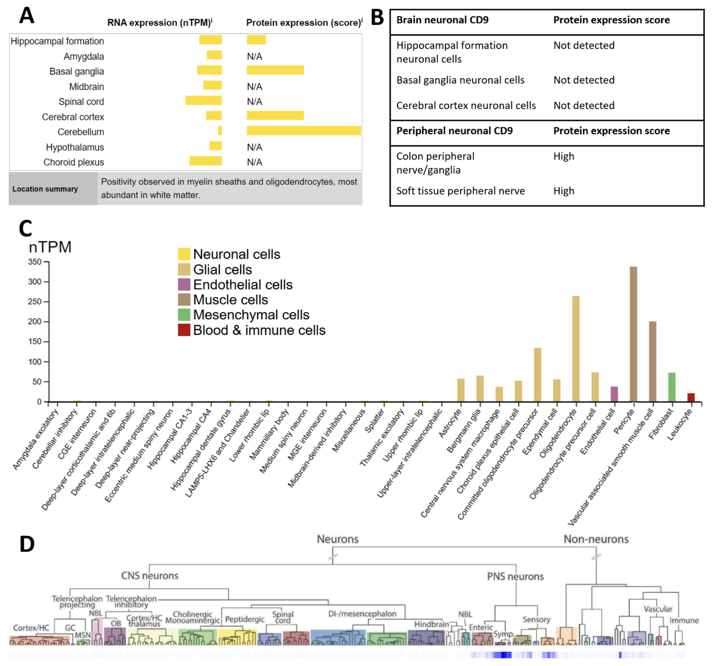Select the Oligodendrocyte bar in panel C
(x=576, y=348)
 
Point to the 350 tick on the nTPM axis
(x=35, y=262)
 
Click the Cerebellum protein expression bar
(x=303, y=130)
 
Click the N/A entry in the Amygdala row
(x=254, y=56)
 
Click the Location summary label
(x=45, y=189)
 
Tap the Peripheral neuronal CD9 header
(x=454, y=131)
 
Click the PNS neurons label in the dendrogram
(x=515, y=576)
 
